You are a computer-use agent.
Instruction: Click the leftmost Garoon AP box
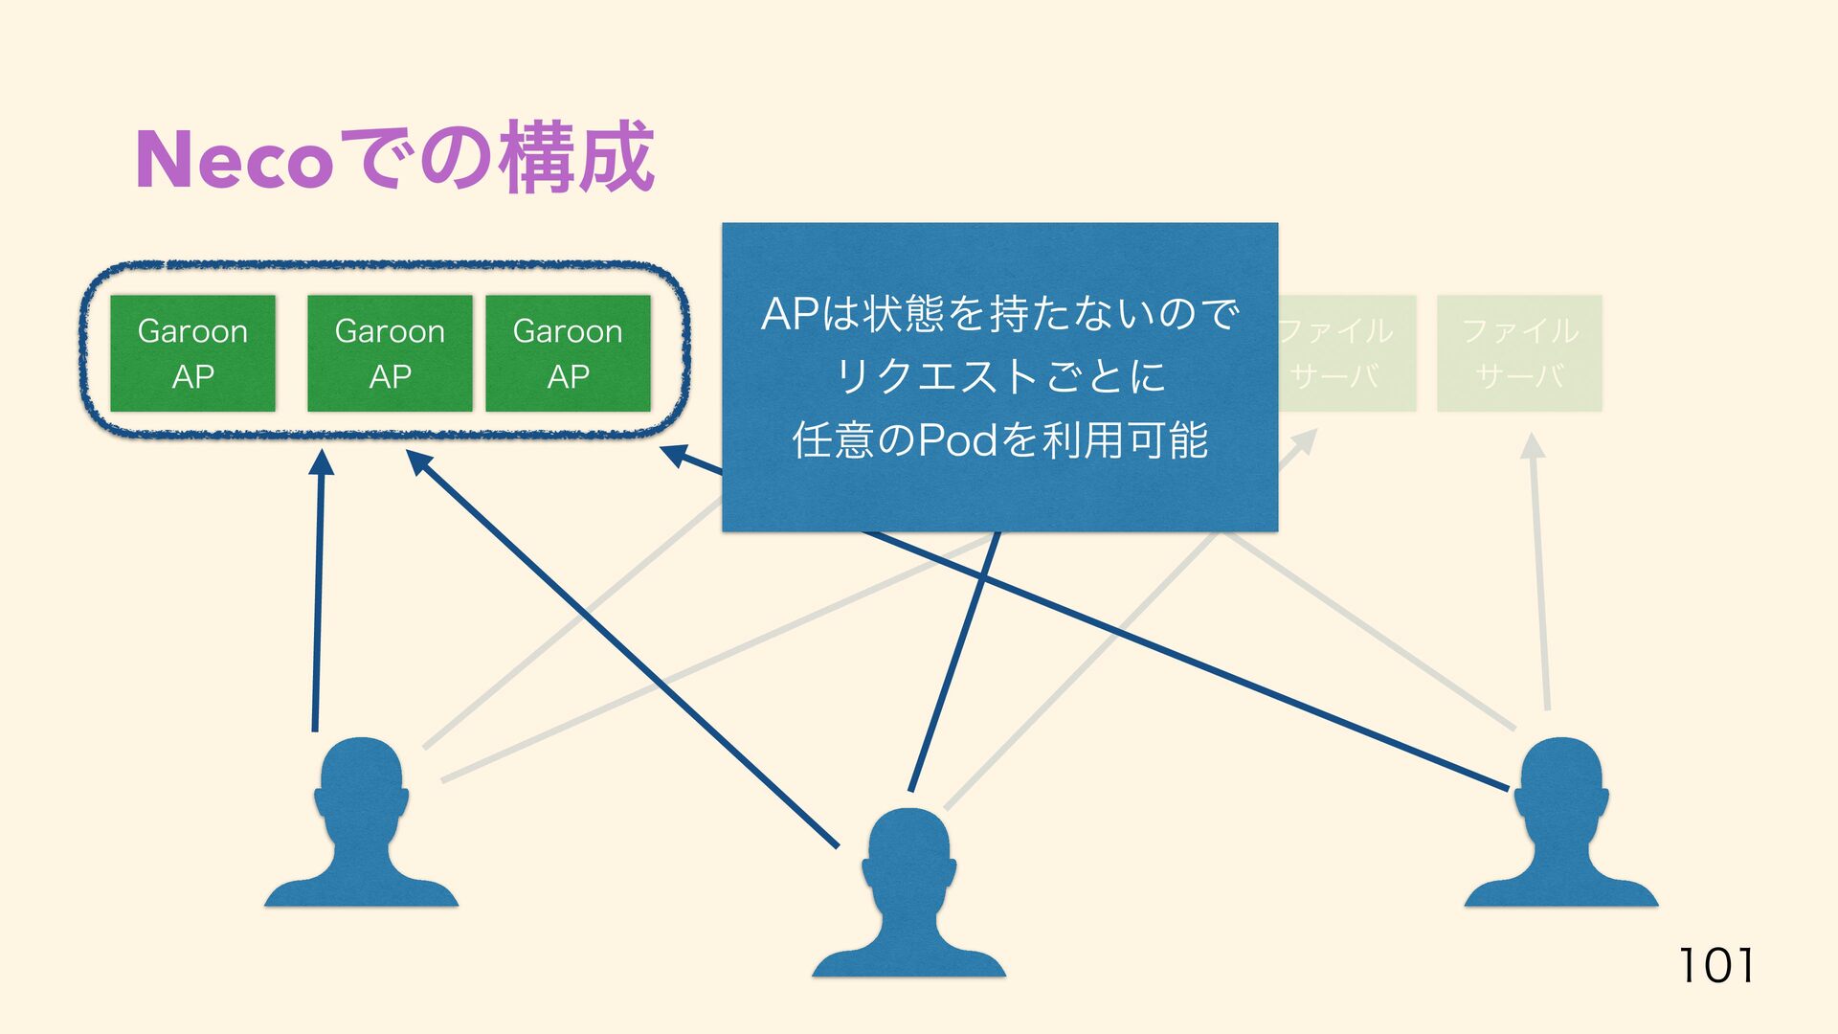tap(192, 353)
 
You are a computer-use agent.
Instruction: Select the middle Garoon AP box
tap(390, 353)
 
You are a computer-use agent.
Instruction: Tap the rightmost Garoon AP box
tap(568, 353)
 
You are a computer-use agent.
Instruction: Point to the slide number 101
tap(1716, 965)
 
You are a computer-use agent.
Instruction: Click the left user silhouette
tap(361, 823)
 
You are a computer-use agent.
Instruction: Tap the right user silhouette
tap(1561, 823)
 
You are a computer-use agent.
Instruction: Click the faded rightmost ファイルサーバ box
tap(1519, 353)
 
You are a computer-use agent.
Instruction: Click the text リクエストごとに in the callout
tap(999, 376)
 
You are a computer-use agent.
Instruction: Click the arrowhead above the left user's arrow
tap(322, 462)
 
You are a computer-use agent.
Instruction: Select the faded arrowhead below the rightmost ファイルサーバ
tap(1533, 446)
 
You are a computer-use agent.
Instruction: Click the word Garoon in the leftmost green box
tap(192, 331)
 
